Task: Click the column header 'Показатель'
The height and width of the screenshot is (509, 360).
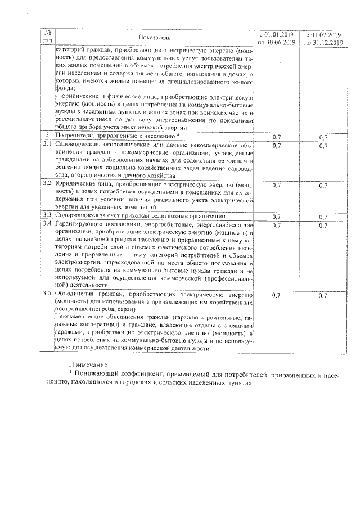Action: click(154, 37)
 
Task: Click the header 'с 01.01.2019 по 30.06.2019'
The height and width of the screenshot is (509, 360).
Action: click(277, 37)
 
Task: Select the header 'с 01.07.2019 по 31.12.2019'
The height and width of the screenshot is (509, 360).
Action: click(323, 37)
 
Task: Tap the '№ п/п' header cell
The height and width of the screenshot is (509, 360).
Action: click(47, 37)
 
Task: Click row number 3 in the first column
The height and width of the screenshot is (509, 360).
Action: click(48, 137)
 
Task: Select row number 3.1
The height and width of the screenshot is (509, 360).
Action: click(48, 146)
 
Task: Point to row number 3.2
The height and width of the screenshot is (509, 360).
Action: click(48, 184)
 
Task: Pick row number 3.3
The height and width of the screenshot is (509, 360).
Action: click(48, 215)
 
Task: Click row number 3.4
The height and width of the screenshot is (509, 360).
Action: click(48, 224)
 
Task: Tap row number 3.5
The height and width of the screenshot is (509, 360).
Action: click(48, 294)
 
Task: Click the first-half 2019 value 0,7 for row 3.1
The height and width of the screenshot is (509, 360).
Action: click(277, 146)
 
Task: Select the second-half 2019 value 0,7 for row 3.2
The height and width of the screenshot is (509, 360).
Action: click(323, 184)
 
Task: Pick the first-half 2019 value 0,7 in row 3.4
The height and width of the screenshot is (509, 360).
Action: click(277, 225)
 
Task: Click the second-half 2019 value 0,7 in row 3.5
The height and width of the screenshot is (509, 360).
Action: click(323, 295)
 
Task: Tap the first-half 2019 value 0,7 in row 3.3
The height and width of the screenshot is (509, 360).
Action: click(277, 216)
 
